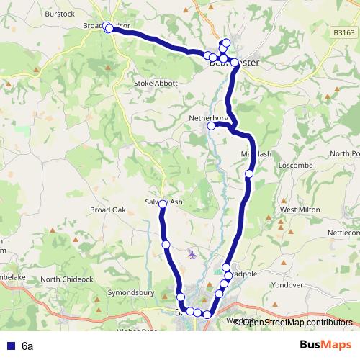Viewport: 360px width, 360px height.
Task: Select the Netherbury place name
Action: pos(207,117)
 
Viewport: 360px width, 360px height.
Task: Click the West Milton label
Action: pos(300,210)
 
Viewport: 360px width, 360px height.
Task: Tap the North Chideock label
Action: pos(67,279)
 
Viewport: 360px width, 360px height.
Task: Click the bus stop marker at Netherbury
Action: pos(212,127)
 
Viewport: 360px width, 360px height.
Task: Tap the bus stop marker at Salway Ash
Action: pos(163,204)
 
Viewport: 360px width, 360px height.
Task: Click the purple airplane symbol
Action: pos(191,253)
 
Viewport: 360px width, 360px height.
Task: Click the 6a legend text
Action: pos(27,346)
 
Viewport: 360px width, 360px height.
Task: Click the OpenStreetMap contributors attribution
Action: pos(297,322)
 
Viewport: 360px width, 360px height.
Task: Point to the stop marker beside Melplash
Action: pos(249,174)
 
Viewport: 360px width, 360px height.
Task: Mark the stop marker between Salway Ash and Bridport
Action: pos(166,246)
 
